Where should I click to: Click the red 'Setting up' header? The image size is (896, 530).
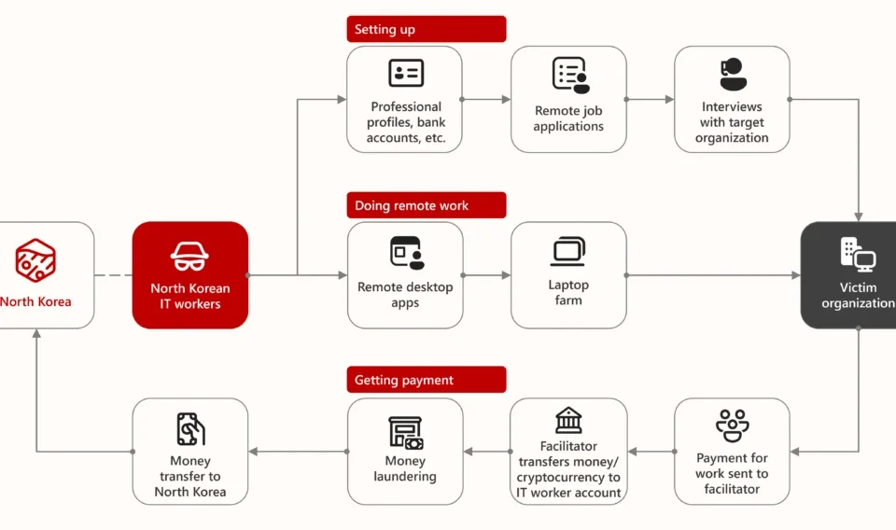pyautogui.click(x=427, y=29)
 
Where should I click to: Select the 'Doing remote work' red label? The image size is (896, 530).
pyautogui.click(x=427, y=205)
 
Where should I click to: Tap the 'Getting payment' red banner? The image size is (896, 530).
pyautogui.click(x=427, y=380)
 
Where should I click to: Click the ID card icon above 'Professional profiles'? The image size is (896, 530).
pyautogui.click(x=406, y=73)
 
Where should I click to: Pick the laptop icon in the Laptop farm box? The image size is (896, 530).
pyautogui.click(x=568, y=251)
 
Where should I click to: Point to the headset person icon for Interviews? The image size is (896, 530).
pyautogui.click(x=733, y=75)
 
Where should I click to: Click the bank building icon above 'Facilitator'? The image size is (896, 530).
pyautogui.click(x=568, y=420)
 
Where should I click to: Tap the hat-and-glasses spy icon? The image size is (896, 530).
pyautogui.click(x=189, y=257)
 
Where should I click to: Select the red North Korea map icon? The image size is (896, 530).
pyautogui.click(x=35, y=260)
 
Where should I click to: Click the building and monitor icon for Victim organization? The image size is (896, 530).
pyautogui.click(x=858, y=255)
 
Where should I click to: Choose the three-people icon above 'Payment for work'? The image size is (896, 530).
pyautogui.click(x=732, y=425)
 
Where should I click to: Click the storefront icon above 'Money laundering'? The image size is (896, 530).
pyautogui.click(x=406, y=433)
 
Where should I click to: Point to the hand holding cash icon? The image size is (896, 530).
pyautogui.click(x=190, y=429)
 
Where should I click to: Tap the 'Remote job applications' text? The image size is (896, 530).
pyautogui.click(x=568, y=119)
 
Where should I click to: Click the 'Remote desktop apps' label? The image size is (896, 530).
pyautogui.click(x=405, y=295)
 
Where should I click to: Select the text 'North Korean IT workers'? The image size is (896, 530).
pyautogui.click(x=190, y=296)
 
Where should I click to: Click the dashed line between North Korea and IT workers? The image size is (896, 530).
pyautogui.click(x=113, y=275)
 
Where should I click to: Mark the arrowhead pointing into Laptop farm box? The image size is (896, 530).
pyautogui.click(x=506, y=275)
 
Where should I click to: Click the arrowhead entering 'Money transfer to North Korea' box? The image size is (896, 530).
pyautogui.click(x=253, y=452)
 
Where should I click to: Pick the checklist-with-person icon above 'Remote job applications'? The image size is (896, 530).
pyautogui.click(x=571, y=75)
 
